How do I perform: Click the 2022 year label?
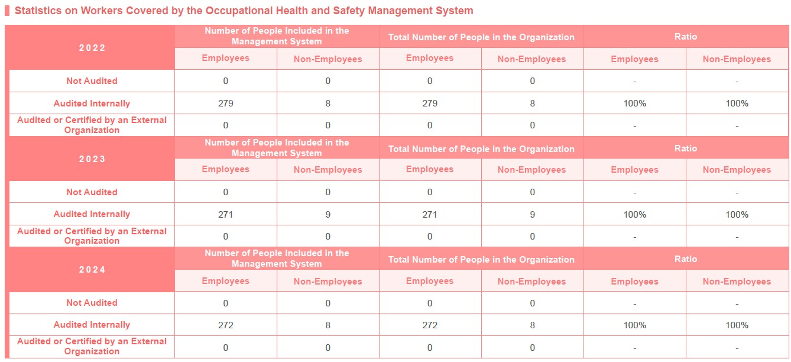92,48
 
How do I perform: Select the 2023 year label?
92,159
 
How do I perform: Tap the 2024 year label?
92,270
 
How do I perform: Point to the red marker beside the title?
7,11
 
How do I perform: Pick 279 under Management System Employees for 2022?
226,103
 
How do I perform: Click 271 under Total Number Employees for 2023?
430,214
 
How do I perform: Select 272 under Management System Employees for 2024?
226,325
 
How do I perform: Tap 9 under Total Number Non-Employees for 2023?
532,214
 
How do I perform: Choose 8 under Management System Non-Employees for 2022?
328,103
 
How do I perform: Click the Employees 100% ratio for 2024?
634,325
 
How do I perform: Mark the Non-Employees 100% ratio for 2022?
737,103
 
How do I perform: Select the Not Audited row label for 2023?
92,192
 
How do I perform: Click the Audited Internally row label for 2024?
92,325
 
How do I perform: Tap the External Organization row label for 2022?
92,125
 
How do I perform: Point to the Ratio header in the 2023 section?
686,148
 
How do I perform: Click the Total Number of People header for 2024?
481,260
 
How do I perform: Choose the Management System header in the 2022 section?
277,36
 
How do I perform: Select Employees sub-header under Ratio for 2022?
634,59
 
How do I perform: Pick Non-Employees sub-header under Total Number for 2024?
532,282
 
